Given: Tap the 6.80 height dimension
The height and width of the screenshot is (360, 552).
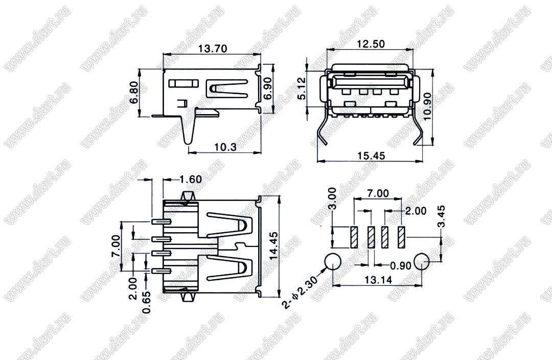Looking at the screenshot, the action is click(x=134, y=93).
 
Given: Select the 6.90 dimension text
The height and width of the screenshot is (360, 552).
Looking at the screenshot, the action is click(x=268, y=88).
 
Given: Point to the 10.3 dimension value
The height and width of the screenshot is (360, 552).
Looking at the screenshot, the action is click(x=226, y=147).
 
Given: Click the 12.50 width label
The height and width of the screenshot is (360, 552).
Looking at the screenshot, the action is click(x=371, y=44).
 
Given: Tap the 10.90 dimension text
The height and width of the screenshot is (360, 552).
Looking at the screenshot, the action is click(x=427, y=106).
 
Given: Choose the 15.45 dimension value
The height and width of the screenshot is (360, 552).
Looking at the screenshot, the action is click(x=371, y=155).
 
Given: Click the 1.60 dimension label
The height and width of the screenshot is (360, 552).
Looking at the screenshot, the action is click(x=191, y=179).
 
